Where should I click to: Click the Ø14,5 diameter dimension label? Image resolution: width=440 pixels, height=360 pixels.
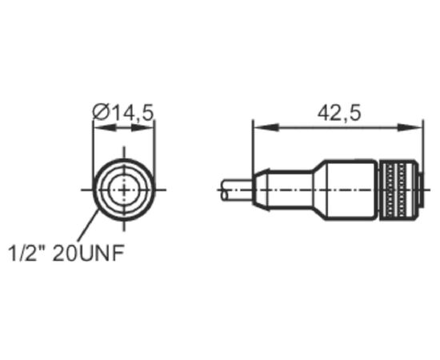(123, 113)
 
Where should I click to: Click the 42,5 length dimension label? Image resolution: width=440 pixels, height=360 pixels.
(339, 113)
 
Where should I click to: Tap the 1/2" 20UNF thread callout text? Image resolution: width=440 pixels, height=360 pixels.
(66, 253)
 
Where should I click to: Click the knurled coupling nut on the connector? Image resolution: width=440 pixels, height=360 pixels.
(397, 190)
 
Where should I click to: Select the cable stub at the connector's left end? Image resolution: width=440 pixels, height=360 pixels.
(237, 190)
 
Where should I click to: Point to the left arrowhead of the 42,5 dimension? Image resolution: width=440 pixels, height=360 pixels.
(266, 127)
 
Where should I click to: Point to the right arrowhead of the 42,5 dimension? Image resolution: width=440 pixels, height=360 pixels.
(410, 127)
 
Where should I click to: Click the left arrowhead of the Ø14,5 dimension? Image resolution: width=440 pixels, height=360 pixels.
(104, 128)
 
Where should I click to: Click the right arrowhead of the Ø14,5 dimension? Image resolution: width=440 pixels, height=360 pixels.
(143, 128)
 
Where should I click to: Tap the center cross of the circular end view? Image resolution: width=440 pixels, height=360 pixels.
(124, 190)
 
